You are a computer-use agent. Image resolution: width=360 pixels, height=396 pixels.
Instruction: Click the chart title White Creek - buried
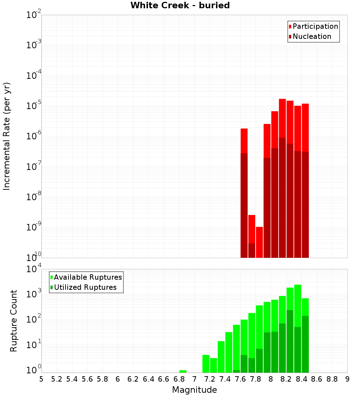(180, 5)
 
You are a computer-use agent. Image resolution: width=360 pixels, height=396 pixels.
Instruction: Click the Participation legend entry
(315, 26)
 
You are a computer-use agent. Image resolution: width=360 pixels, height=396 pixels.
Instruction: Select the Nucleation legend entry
(312, 36)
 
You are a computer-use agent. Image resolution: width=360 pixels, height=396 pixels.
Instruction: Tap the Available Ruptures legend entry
(88, 277)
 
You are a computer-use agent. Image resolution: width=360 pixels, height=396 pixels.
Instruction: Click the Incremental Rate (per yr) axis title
(7, 136)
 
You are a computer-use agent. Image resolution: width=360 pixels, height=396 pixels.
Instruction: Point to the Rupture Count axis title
(14, 320)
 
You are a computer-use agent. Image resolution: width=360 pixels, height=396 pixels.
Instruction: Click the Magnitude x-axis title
(194, 390)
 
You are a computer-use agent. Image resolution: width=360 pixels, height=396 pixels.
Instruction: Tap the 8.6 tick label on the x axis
(317, 379)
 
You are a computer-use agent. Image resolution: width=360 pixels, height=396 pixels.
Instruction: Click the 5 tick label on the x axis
(41, 379)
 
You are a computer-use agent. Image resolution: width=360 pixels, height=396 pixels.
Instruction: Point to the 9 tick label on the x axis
(347, 379)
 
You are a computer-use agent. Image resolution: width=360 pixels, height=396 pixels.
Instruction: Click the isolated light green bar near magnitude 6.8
(183, 371)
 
